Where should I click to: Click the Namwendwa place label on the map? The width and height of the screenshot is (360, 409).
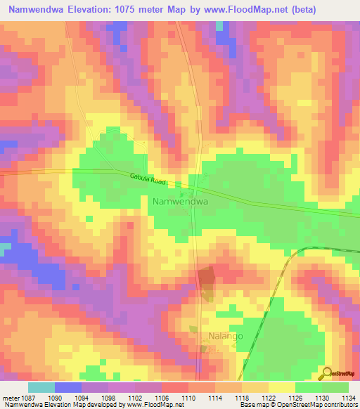181,201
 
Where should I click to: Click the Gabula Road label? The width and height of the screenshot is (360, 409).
148,180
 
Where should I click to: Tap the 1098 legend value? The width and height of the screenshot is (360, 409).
109,398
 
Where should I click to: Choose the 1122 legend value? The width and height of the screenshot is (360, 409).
269,398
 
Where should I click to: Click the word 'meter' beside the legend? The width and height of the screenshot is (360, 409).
11,398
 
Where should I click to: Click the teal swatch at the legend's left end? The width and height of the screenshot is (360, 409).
41,387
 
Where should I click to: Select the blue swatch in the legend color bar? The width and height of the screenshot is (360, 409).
68,387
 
